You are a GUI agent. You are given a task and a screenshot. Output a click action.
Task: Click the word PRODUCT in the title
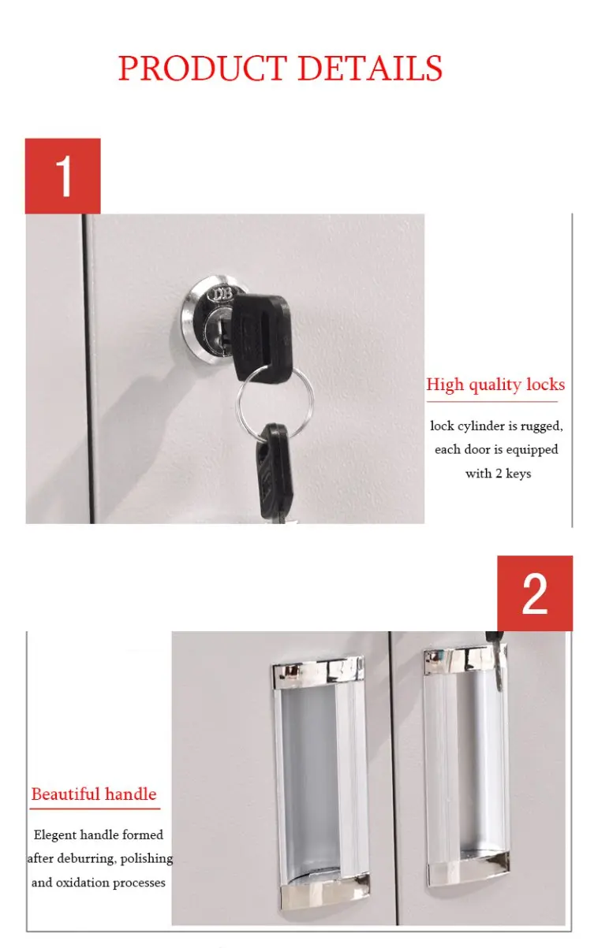click(x=201, y=68)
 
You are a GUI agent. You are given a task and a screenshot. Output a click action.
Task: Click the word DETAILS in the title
click(x=371, y=68)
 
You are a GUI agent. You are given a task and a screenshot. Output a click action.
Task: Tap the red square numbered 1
click(x=63, y=176)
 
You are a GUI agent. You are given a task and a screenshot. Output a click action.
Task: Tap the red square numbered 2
click(x=535, y=593)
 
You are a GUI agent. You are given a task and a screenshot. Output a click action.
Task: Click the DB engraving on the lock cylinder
click(x=222, y=295)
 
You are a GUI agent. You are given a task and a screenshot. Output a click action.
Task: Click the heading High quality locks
click(x=495, y=385)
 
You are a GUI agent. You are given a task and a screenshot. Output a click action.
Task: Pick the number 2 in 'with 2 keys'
click(x=499, y=473)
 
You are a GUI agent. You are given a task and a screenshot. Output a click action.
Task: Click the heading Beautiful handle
click(x=94, y=794)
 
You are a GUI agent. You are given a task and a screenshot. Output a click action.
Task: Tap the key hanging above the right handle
click(x=496, y=656)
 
